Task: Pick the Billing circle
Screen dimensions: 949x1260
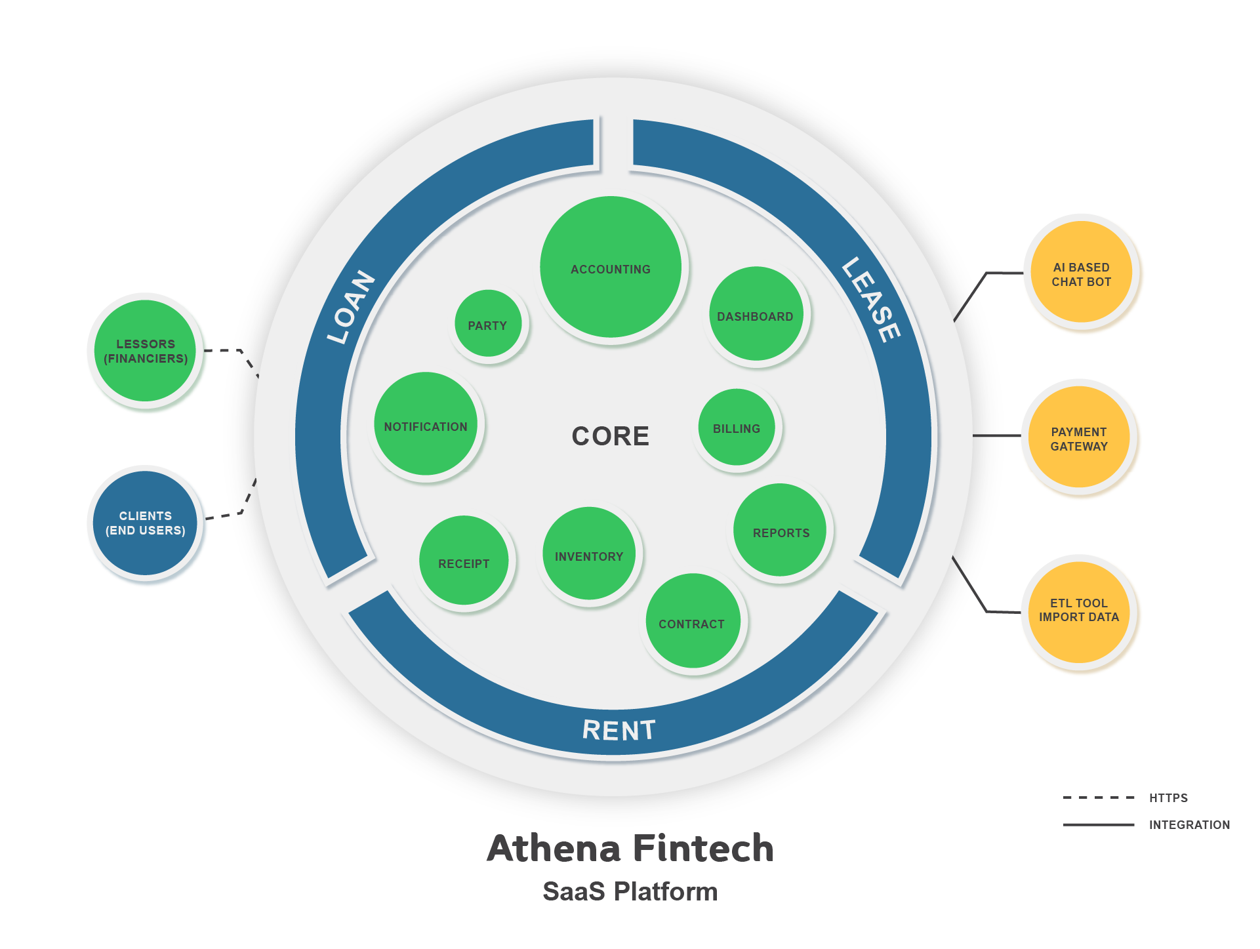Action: click(x=737, y=428)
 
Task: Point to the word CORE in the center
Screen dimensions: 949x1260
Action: click(x=611, y=436)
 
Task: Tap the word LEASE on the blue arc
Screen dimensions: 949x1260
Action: click(x=871, y=300)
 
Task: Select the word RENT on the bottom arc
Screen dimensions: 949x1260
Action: click(x=619, y=730)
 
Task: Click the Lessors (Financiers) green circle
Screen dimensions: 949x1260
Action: click(x=145, y=351)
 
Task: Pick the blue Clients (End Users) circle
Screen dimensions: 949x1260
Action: click(x=145, y=523)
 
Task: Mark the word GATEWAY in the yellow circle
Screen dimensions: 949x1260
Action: click(x=1079, y=447)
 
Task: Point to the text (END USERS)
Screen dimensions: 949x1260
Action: click(x=146, y=531)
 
